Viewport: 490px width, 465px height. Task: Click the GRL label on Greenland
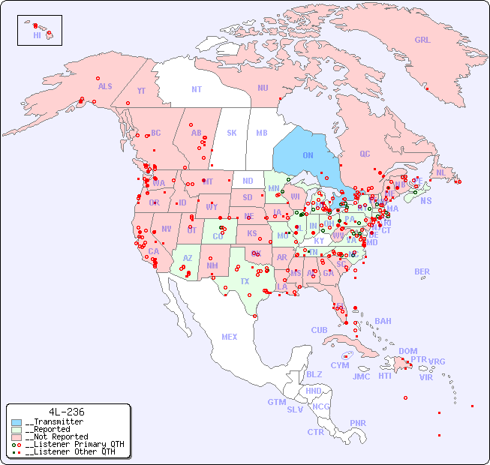click(x=422, y=40)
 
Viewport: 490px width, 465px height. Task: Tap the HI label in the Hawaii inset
click(x=37, y=34)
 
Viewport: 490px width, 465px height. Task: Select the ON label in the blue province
click(x=308, y=155)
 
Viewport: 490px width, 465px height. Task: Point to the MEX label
click(x=230, y=337)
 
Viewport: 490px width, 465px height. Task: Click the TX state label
click(x=245, y=281)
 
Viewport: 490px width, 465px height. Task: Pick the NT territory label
click(x=197, y=88)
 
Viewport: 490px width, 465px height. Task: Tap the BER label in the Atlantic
click(x=422, y=271)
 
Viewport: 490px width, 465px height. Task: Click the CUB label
click(x=319, y=330)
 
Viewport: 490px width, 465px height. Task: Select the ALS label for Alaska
click(x=105, y=86)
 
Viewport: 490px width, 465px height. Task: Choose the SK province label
click(x=232, y=133)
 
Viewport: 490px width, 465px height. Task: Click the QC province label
click(x=365, y=154)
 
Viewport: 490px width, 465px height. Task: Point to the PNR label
click(x=358, y=423)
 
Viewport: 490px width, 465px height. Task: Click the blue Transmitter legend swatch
click(x=17, y=422)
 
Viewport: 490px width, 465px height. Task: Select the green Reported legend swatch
click(x=17, y=430)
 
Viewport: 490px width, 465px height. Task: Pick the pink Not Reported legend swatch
click(x=17, y=436)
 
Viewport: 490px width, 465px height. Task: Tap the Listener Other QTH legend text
click(x=71, y=451)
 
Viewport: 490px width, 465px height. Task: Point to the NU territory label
click(x=263, y=88)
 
